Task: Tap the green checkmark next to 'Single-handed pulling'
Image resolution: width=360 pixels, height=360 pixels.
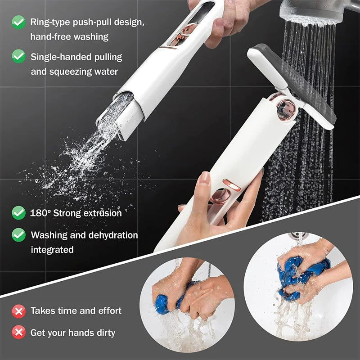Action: tap(18, 56)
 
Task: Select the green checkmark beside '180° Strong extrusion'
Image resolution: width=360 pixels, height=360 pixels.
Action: tap(18, 212)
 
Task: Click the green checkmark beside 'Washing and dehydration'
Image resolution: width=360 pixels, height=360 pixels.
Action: tap(18, 234)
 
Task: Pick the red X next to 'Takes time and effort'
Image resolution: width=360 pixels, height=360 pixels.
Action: tap(18, 310)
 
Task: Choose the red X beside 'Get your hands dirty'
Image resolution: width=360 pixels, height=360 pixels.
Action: tap(18, 333)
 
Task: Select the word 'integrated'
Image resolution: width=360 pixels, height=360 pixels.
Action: tap(52, 249)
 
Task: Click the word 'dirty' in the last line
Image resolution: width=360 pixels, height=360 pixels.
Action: tap(105, 333)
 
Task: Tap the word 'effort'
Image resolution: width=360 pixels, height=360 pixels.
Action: tap(109, 310)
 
